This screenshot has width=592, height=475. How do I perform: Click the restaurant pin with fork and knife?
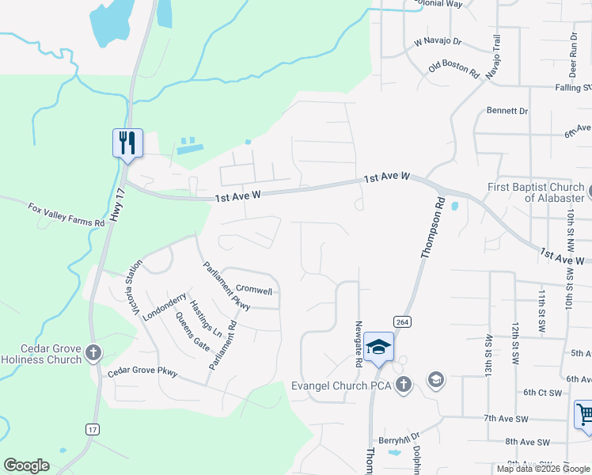[x=127, y=143]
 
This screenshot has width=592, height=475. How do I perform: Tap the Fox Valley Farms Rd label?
[x=66, y=215]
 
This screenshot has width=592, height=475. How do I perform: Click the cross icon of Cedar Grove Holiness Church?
[x=93, y=352]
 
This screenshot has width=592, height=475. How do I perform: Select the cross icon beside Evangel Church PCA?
[x=404, y=385]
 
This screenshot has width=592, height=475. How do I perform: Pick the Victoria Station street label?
[x=139, y=288]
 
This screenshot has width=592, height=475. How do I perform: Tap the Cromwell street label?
[x=254, y=291]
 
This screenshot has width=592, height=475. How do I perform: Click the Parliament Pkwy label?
[x=226, y=285]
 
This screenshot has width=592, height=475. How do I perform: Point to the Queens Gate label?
[x=192, y=332]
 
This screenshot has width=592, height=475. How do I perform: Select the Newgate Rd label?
[x=359, y=344]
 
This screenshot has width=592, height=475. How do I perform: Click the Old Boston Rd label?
[x=454, y=70]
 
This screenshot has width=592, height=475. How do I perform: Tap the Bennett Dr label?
[x=507, y=111]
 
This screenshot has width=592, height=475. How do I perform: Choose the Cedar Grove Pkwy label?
[x=142, y=372]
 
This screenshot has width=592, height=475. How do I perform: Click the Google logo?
[x=26, y=465]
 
